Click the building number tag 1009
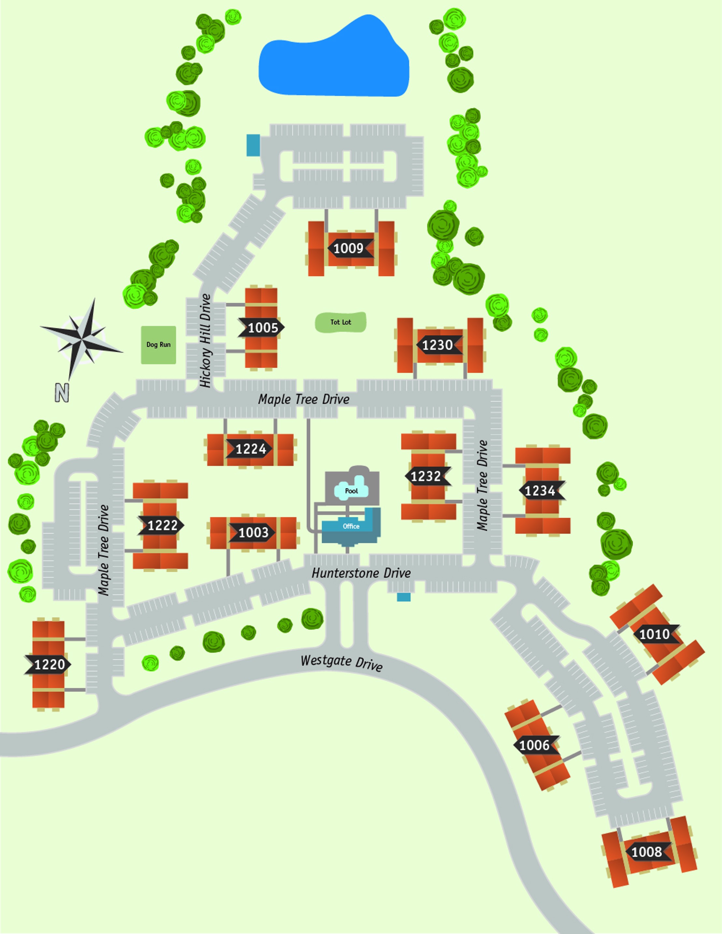click(349, 248)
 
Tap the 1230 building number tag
click(438, 345)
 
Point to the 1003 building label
click(253, 532)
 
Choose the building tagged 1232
click(426, 476)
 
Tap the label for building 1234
click(540, 491)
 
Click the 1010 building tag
click(655, 634)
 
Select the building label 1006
click(534, 745)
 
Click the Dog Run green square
click(159, 345)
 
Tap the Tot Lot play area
click(341, 322)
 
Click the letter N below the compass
click(62, 392)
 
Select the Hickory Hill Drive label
click(205, 340)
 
